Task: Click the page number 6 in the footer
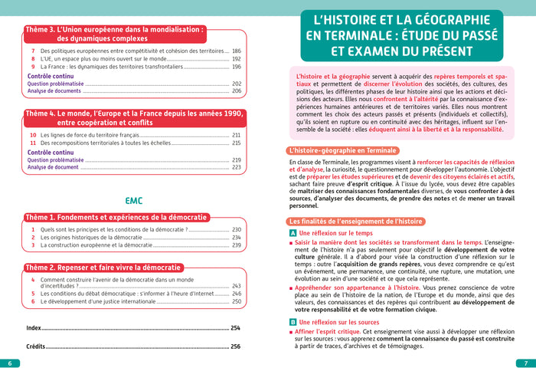[9, 363]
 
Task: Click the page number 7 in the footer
[526, 363]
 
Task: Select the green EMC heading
[134, 201]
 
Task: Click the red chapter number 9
[33, 66]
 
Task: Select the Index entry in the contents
[33, 327]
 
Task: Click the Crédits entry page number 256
[236, 347]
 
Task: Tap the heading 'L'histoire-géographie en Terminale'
[342, 150]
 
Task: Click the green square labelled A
[293, 233]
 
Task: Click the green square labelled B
[293, 323]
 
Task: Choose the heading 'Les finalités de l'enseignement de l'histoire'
[361, 222]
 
